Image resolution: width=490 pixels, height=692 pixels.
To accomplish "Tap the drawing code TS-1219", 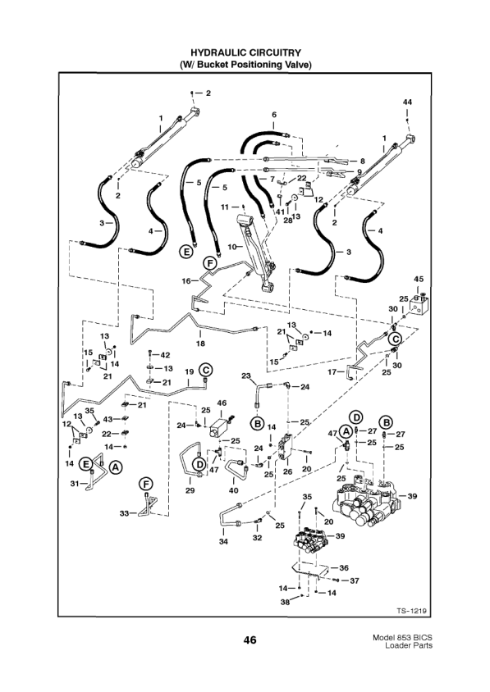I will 413,610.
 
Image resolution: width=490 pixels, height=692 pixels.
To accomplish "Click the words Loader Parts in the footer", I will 407,647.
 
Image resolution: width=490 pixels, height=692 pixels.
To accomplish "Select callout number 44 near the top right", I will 407,101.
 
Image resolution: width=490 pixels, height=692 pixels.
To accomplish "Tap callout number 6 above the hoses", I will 274,114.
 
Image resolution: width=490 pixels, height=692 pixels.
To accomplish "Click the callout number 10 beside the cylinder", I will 231,246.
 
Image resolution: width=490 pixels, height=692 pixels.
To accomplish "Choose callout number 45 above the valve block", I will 418,279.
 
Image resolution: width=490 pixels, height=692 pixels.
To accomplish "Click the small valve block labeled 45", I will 418,310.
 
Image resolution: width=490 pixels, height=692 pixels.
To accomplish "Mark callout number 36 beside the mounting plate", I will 345,567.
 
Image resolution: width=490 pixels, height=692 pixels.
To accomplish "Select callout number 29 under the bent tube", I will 190,490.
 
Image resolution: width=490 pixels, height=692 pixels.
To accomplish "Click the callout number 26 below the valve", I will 287,471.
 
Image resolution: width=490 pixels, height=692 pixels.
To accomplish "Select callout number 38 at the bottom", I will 284,601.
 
